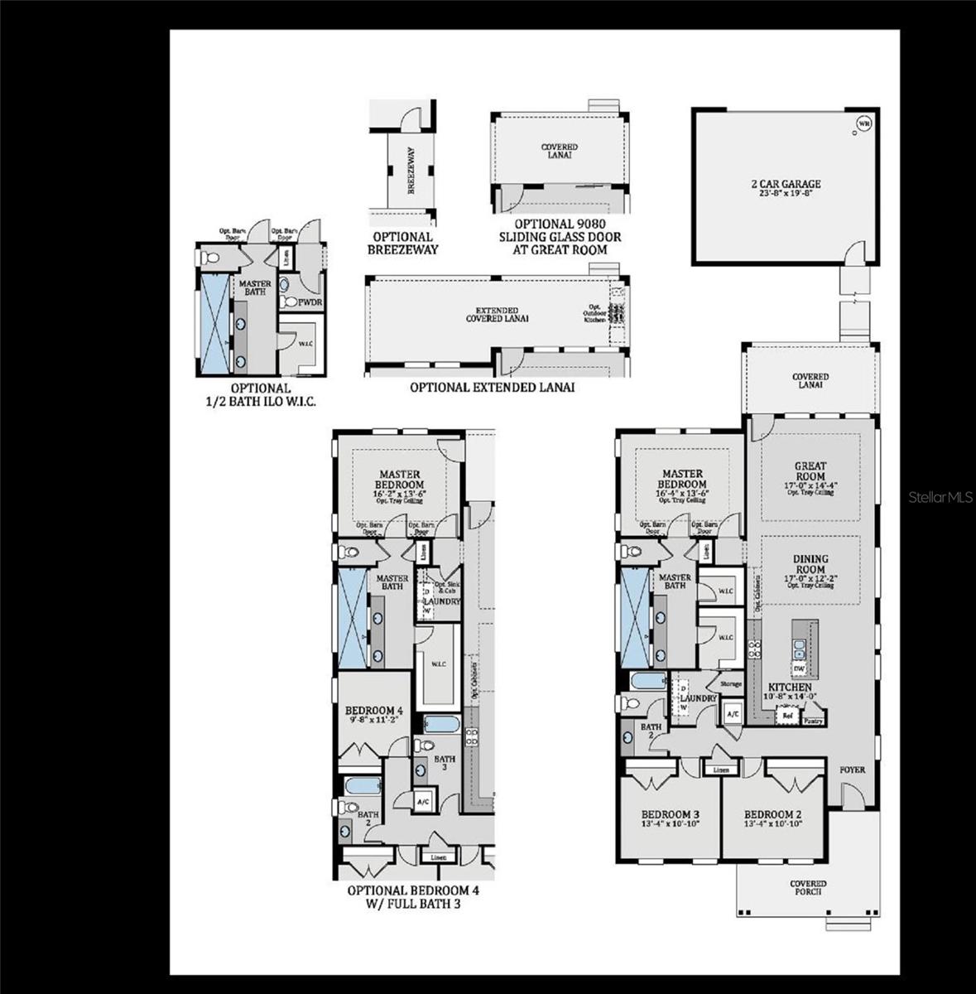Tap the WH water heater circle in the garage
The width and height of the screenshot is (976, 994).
point(864,125)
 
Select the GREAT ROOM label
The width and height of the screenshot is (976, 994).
point(810,471)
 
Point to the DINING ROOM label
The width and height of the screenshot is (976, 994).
point(810,564)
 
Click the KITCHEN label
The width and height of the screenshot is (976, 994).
point(790,688)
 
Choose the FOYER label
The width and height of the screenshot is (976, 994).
point(852,770)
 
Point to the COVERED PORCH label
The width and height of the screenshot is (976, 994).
point(807,888)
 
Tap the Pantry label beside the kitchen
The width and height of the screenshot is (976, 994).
point(813,721)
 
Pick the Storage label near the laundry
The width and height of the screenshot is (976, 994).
point(730,683)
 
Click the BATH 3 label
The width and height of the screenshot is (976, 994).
point(445,763)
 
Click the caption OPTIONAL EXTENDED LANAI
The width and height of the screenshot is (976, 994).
point(492,387)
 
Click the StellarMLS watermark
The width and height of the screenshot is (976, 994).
point(940,497)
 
